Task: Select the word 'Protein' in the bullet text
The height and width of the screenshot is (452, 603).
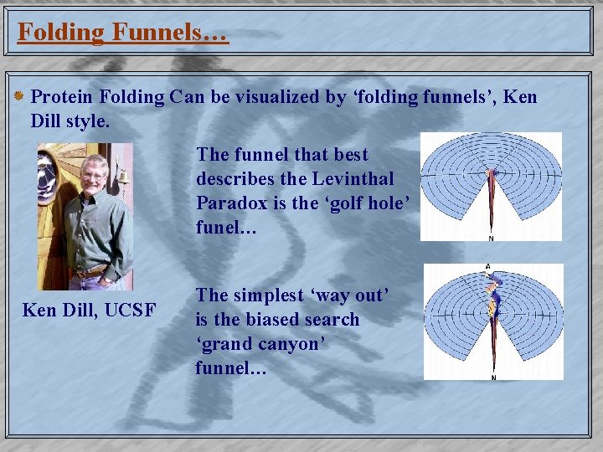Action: coord(64,97)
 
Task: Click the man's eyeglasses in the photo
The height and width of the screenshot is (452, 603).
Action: coord(93,176)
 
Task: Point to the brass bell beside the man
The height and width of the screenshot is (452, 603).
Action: coord(122,180)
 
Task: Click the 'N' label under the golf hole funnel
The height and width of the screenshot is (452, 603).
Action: coord(491,238)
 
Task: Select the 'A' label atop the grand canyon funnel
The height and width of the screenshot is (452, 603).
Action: coord(487,268)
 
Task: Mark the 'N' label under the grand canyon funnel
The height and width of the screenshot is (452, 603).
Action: coord(492,377)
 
